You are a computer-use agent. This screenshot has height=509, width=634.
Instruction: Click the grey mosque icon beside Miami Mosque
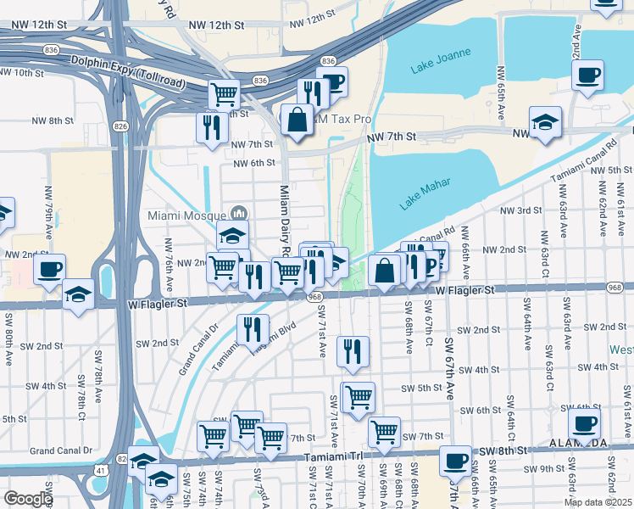(x=239, y=213)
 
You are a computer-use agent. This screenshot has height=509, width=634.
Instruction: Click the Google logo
(x=28, y=499)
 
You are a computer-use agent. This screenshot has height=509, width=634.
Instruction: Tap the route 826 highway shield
(x=120, y=126)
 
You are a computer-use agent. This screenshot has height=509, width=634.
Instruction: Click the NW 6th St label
(x=253, y=163)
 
